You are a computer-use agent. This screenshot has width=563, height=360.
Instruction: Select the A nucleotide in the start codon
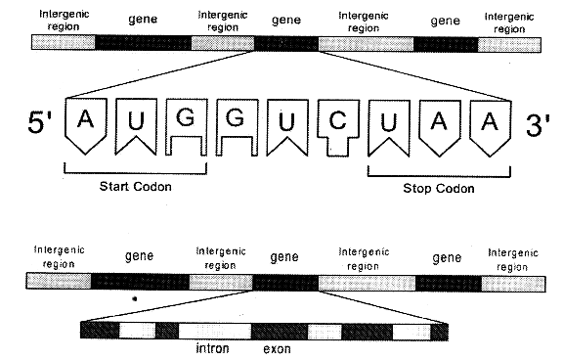pos(85,123)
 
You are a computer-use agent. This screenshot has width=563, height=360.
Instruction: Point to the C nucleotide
pos(338,124)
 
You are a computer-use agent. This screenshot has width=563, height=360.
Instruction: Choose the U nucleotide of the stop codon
pos(389,123)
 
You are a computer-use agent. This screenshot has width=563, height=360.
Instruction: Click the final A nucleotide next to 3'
pos(491,123)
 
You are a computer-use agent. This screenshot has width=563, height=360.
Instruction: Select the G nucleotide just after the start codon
pos(237,123)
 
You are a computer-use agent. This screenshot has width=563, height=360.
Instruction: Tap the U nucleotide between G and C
pos(287,123)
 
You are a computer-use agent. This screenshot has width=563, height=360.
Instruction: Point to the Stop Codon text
pos(439,189)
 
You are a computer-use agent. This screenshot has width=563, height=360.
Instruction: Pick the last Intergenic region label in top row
pos(509,21)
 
